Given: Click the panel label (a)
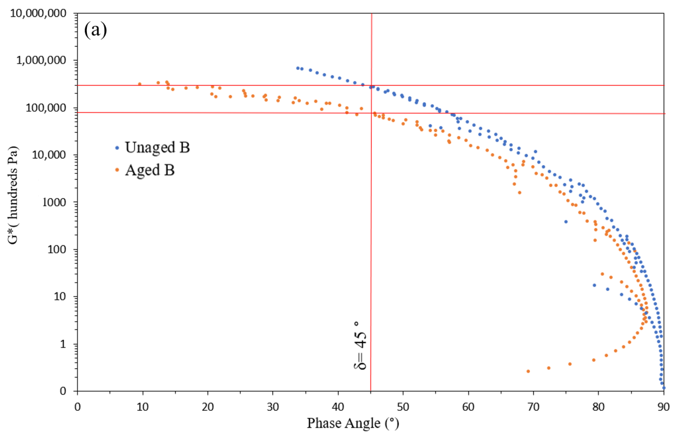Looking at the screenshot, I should point(96,30).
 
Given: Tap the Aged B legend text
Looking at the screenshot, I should point(150,170).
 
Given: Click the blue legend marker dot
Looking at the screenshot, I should point(117,148).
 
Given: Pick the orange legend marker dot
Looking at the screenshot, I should point(117,170).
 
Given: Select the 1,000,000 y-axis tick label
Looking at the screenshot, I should point(41,60).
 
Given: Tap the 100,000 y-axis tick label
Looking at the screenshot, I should point(46,108).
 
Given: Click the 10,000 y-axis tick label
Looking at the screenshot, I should point(49,155).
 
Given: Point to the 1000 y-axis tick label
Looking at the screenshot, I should point(54,202).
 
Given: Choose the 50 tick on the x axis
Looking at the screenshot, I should point(403,407).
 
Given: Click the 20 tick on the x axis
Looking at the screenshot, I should point(208,407).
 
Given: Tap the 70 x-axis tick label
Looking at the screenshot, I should point(533,407).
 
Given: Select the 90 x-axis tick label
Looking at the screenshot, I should point(663,407).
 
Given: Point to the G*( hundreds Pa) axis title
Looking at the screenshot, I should point(13,195).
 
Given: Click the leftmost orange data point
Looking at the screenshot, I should point(139,84).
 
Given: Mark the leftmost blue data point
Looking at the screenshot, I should point(298,68).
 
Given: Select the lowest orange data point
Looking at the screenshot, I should point(528,371).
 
